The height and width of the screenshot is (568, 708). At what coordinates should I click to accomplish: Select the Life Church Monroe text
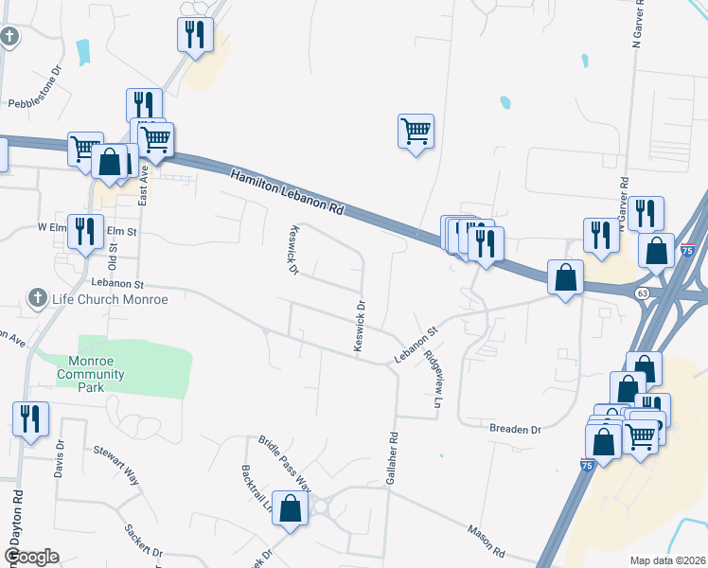click(110, 300)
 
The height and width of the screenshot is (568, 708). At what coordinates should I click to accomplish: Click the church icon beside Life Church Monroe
click(37, 298)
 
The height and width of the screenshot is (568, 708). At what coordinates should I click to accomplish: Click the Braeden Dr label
click(515, 429)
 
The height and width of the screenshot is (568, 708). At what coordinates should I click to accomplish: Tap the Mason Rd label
click(486, 541)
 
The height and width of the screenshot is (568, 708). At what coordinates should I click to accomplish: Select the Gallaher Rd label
click(391, 458)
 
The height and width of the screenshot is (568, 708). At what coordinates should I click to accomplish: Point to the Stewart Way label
click(115, 465)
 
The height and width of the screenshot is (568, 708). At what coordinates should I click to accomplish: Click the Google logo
click(31, 557)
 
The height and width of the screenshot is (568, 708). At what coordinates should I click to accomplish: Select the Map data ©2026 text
click(668, 560)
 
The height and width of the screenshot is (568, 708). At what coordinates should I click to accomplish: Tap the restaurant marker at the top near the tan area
click(195, 35)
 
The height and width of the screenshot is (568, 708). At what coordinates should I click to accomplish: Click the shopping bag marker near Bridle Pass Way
click(291, 507)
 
